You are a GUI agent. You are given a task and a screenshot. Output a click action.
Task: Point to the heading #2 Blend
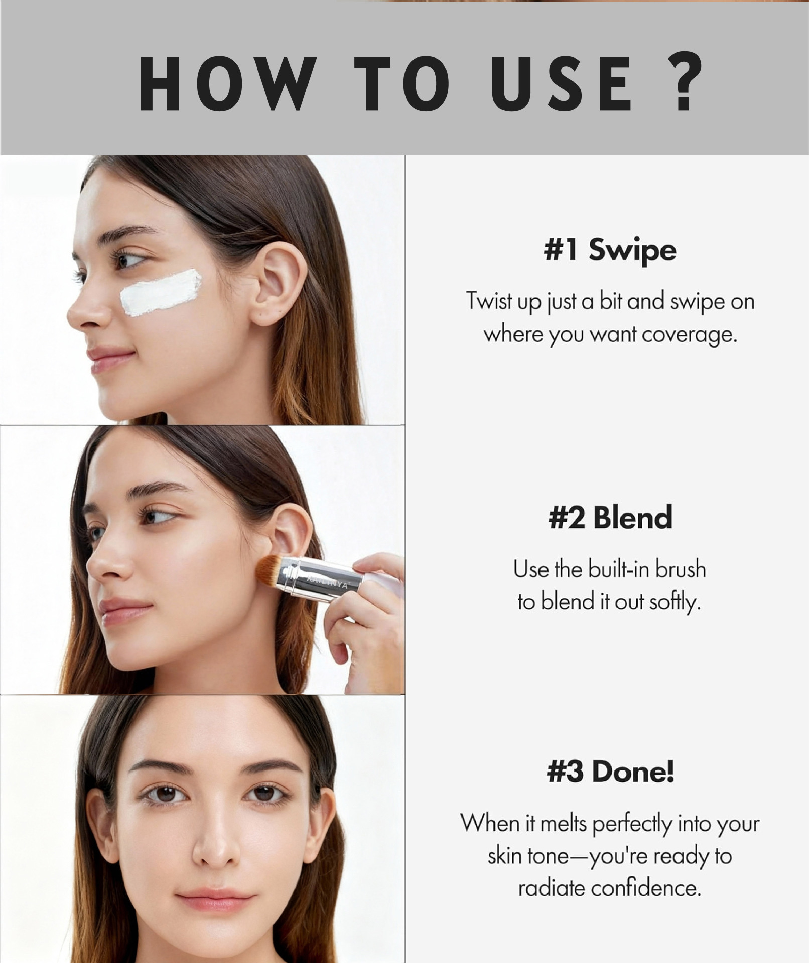point(610,518)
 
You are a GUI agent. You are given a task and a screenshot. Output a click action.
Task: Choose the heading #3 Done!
point(610,771)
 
